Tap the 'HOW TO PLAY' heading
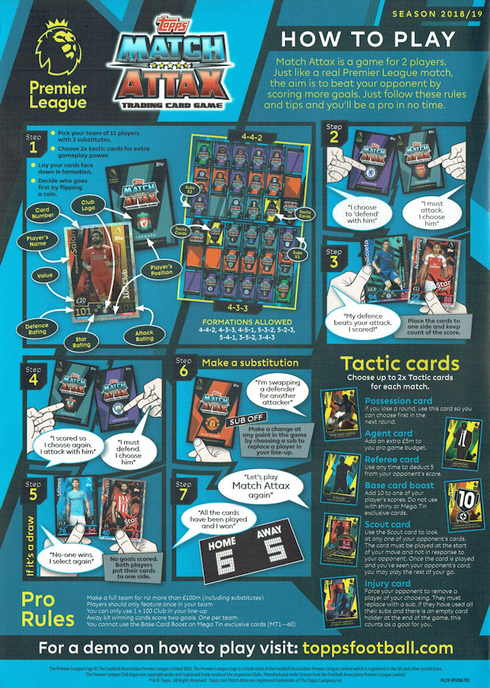(368, 39)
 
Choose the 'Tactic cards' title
(399, 363)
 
